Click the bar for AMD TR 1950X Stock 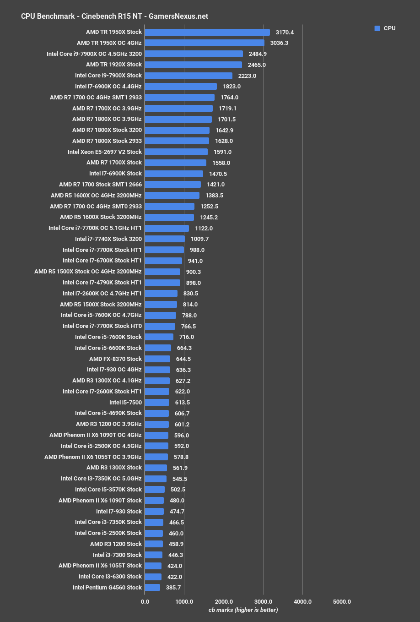207,32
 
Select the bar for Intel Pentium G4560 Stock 152,587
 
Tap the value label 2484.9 258,54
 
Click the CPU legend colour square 377,28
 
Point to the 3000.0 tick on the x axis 263,601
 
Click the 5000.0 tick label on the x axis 342,601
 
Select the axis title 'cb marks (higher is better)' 243,610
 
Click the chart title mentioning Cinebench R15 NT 114,16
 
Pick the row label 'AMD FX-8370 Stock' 115,359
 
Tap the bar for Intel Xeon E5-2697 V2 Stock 176,152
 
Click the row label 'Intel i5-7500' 125,402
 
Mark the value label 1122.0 204,228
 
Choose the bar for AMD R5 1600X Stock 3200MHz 169,217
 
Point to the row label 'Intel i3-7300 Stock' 117,555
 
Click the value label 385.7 173,587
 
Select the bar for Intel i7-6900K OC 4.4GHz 181,86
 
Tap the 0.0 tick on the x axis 145,601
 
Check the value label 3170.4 285,33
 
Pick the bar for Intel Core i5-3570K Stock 155,489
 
